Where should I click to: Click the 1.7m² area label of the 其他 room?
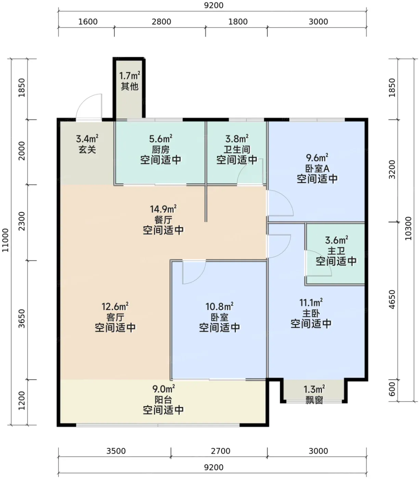tap(130, 76)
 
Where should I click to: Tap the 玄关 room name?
tap(87, 150)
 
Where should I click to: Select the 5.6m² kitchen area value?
tap(160, 139)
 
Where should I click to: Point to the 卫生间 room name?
tap(237, 150)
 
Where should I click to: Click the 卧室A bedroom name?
tap(317, 168)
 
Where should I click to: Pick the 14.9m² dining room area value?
tap(163, 209)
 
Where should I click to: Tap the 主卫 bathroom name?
tap(336, 250)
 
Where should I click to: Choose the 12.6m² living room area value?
tap(115, 307)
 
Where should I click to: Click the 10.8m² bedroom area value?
tap(219, 307)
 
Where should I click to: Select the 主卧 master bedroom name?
tap(311, 313)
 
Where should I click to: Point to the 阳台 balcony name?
tap(163, 400)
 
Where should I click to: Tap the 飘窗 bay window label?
tap(314, 400)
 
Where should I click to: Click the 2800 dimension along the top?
tap(161, 22)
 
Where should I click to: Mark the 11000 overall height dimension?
tap(5, 240)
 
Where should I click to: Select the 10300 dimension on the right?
tap(408, 229)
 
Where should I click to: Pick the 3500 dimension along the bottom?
tap(116, 451)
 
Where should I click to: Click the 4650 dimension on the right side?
tap(392, 299)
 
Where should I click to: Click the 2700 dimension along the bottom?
tap(221, 451)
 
